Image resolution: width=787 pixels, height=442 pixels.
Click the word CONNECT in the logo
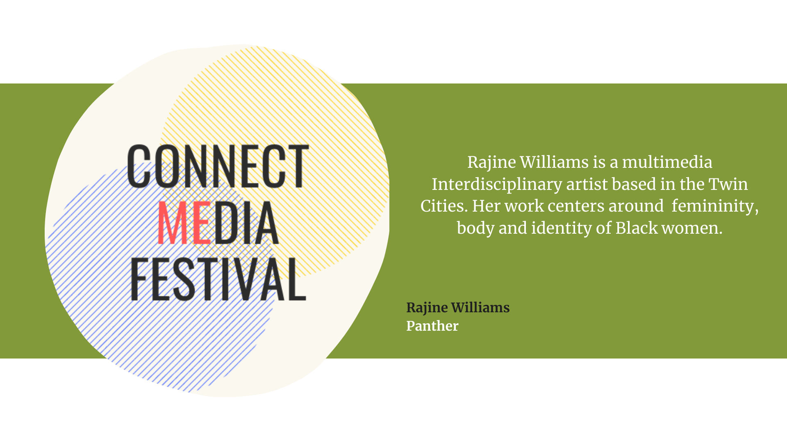tap(218, 166)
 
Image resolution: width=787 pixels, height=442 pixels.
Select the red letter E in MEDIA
tap(201, 223)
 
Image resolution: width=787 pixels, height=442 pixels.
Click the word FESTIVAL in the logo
tap(218, 280)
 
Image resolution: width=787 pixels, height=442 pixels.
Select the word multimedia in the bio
tap(667, 162)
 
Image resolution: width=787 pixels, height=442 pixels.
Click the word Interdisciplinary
tap(496, 185)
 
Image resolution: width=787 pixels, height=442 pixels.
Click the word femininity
tap(714, 206)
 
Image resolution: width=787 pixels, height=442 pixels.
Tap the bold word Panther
tap(432, 326)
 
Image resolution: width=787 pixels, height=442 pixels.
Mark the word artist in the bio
tap(587, 185)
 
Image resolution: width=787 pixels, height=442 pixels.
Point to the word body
tap(475, 228)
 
